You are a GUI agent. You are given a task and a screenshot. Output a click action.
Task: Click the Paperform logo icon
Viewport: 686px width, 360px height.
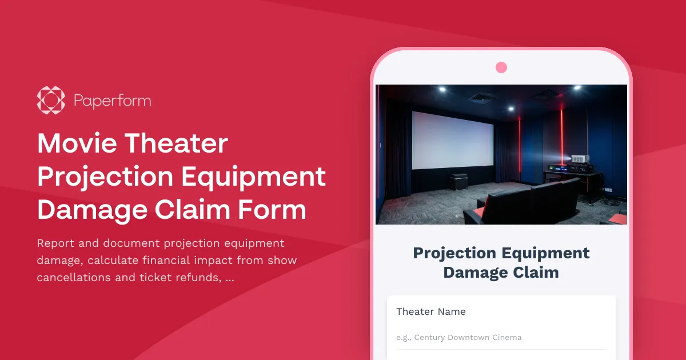click(51, 100)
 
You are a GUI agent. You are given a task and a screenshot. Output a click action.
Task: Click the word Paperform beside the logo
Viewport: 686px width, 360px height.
click(112, 101)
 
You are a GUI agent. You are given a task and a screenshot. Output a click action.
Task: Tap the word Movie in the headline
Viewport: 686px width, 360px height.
click(74, 143)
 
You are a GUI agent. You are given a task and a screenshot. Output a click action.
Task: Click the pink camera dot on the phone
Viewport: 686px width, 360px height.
click(501, 67)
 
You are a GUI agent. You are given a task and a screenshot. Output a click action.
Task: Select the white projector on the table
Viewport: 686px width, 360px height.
click(579, 159)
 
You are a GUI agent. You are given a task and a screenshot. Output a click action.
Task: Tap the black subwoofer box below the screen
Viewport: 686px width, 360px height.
click(458, 182)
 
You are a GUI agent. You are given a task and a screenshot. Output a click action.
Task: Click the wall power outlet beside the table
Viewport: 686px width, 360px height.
click(609, 189)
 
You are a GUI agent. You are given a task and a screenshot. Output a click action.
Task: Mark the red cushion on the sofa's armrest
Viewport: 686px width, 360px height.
click(479, 211)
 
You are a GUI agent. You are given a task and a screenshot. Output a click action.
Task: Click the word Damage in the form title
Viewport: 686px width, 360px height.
click(470, 272)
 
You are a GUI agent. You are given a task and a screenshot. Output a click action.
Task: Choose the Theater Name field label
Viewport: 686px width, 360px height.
click(431, 311)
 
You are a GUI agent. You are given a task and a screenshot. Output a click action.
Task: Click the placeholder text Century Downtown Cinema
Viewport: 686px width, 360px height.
click(468, 337)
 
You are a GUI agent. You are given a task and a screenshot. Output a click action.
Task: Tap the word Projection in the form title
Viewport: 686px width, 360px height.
click(454, 253)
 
